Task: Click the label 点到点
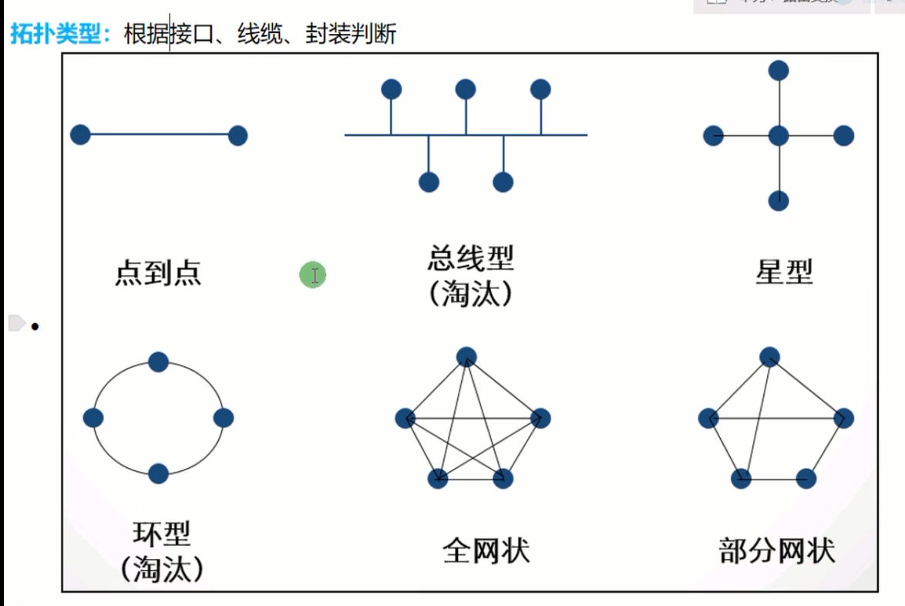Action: [x=158, y=273]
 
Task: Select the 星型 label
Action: [x=784, y=271]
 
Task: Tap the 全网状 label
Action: [x=486, y=550]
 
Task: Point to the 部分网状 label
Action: [x=776, y=550]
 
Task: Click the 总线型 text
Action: [x=470, y=258]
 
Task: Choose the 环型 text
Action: [x=162, y=534]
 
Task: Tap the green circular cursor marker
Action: [x=313, y=274]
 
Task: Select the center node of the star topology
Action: [x=779, y=136]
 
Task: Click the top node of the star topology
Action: [x=779, y=71]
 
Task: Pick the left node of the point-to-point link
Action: [x=80, y=135]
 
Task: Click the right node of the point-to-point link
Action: [x=237, y=136]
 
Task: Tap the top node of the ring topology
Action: [x=158, y=362]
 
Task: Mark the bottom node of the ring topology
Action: [x=158, y=473]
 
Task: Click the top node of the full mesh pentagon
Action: [x=466, y=356]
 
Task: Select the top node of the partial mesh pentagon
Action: [x=769, y=356]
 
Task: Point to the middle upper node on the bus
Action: [x=466, y=90]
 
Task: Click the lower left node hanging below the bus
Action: [x=429, y=182]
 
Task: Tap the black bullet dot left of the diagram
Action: [x=35, y=327]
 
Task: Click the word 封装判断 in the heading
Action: [x=351, y=35]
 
